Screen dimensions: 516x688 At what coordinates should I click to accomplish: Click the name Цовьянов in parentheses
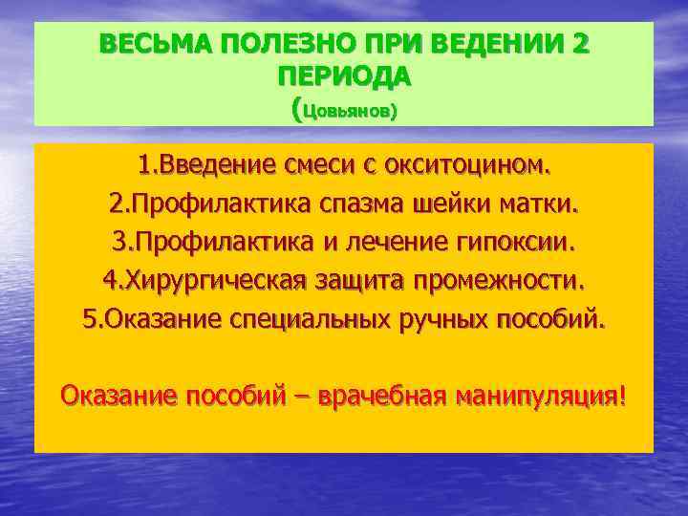pos(347,111)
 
